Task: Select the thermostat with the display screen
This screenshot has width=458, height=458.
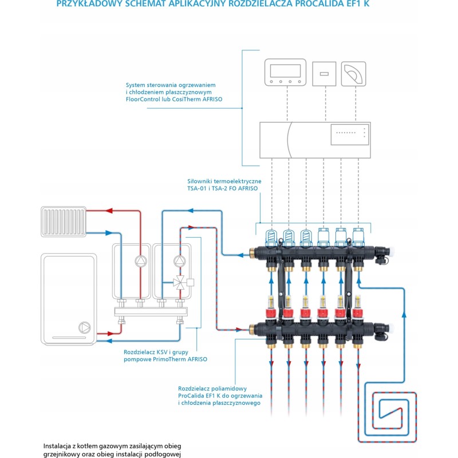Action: [285, 73]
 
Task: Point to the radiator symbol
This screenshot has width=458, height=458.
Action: [63, 220]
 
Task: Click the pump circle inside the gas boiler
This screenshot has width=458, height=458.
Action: [85, 327]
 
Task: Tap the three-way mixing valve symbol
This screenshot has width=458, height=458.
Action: [180, 282]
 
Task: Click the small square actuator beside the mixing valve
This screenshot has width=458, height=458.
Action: [191, 282]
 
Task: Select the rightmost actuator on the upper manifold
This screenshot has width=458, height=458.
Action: [358, 235]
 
